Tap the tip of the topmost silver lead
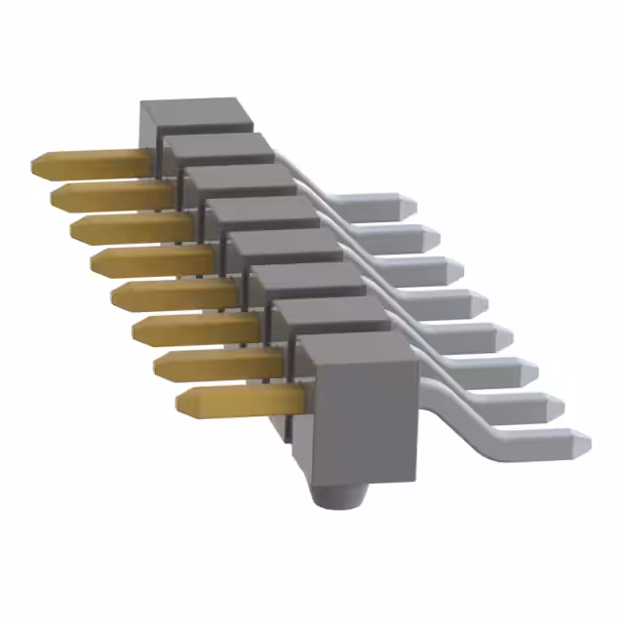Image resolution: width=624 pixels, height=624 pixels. click(x=409, y=205)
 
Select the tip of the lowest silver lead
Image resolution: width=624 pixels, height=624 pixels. click(x=582, y=441)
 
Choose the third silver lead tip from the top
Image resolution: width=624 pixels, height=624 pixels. click(x=454, y=268)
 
